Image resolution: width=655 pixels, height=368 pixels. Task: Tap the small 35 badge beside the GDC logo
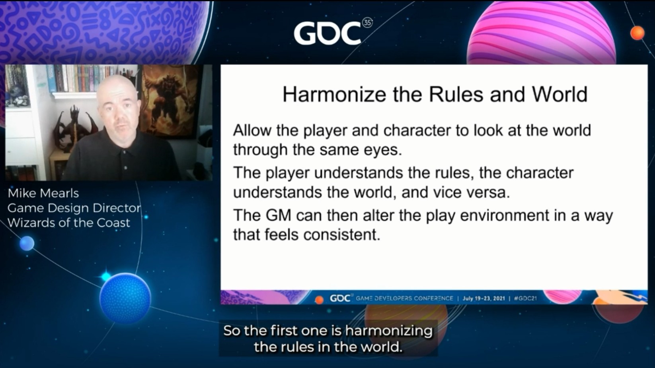click(x=367, y=23)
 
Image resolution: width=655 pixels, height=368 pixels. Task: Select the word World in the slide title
click(x=559, y=94)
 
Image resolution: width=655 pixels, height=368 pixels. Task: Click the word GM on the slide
click(x=278, y=215)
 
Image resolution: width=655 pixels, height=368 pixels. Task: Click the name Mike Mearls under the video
click(x=43, y=193)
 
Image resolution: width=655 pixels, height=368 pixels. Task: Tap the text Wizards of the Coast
click(x=69, y=223)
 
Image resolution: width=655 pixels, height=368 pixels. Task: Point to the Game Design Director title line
click(x=74, y=208)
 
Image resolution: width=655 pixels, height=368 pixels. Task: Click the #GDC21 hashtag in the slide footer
click(x=525, y=298)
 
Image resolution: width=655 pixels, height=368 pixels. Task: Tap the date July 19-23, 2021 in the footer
click(x=484, y=298)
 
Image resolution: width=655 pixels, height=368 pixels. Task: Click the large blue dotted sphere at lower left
click(x=125, y=298)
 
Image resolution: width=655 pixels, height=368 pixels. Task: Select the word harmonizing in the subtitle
click(x=389, y=331)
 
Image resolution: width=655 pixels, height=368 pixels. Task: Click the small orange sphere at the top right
click(x=637, y=33)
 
